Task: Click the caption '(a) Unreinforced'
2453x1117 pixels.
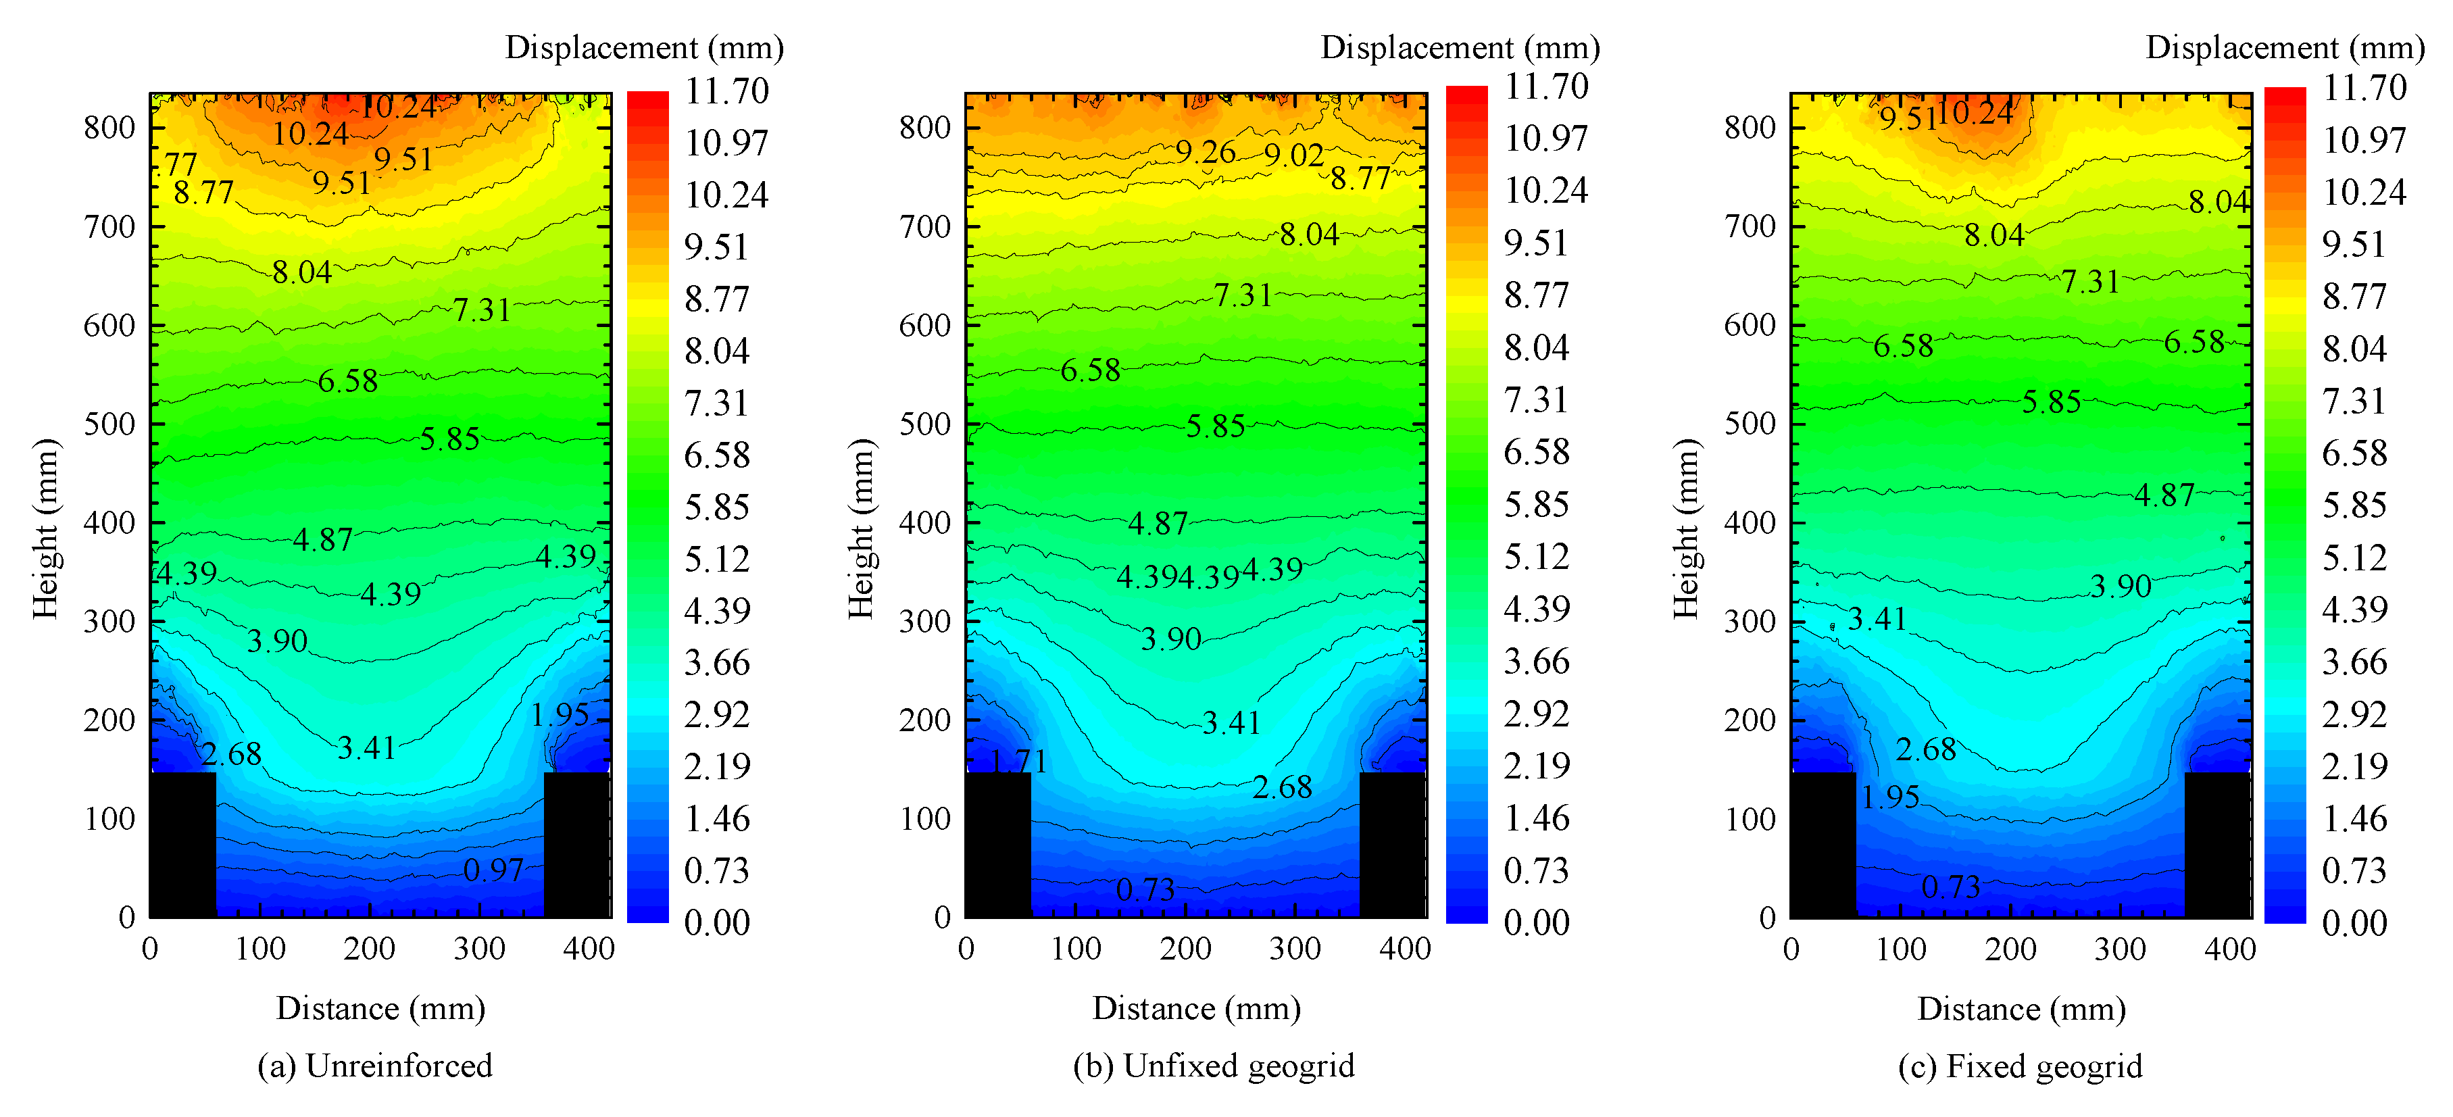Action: click(375, 1066)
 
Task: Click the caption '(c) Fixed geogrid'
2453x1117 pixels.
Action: click(2020, 1066)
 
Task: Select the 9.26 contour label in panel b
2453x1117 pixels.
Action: click(1205, 151)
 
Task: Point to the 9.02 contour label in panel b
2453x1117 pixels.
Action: click(1293, 154)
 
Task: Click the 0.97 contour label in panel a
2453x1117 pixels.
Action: click(493, 870)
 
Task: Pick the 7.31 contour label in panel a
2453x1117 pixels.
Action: click(481, 309)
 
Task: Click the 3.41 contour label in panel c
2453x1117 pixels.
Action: click(1877, 620)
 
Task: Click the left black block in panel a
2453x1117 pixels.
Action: click(183, 844)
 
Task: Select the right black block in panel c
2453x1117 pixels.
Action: click(2217, 844)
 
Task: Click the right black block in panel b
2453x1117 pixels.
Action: click(1391, 844)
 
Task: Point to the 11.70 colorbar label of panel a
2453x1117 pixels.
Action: click(726, 91)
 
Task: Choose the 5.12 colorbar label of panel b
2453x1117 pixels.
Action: click(1536, 556)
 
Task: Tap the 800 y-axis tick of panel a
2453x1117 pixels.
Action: click(109, 126)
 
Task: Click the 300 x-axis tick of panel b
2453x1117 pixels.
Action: click(1295, 949)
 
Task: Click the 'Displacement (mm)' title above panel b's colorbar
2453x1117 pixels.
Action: click(1460, 47)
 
